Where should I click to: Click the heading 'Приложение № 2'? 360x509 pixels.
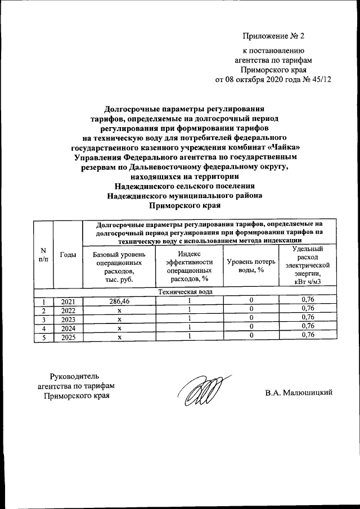(x=273, y=37)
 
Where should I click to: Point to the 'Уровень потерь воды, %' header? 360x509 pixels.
(x=251, y=266)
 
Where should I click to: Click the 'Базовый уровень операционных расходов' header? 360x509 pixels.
(x=119, y=267)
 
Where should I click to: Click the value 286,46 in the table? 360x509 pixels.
(x=119, y=301)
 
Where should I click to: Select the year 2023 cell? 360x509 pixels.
(x=67, y=319)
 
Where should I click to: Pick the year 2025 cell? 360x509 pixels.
(x=67, y=337)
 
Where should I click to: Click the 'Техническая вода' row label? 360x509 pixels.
(x=185, y=292)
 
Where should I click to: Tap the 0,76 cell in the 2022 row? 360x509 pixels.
(x=308, y=309)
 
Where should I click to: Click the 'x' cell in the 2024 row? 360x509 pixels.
(x=119, y=328)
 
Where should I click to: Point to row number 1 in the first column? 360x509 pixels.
(x=43, y=301)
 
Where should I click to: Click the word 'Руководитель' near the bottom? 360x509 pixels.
(x=74, y=375)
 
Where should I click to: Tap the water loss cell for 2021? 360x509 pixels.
(x=251, y=301)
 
